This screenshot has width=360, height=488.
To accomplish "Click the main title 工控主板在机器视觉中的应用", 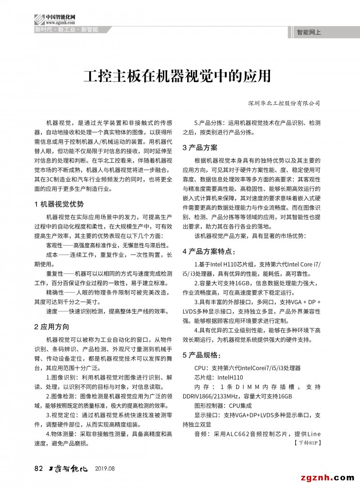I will (x=177, y=76).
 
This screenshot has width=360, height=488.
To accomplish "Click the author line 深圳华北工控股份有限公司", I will (x=284, y=103).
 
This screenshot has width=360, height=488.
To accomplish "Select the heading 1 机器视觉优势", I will (x=59, y=204).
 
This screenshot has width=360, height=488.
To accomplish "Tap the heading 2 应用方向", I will (x=52, y=326).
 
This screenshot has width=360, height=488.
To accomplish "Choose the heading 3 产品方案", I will (x=200, y=148).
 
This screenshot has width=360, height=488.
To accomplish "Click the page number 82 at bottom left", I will (x=38, y=468).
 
